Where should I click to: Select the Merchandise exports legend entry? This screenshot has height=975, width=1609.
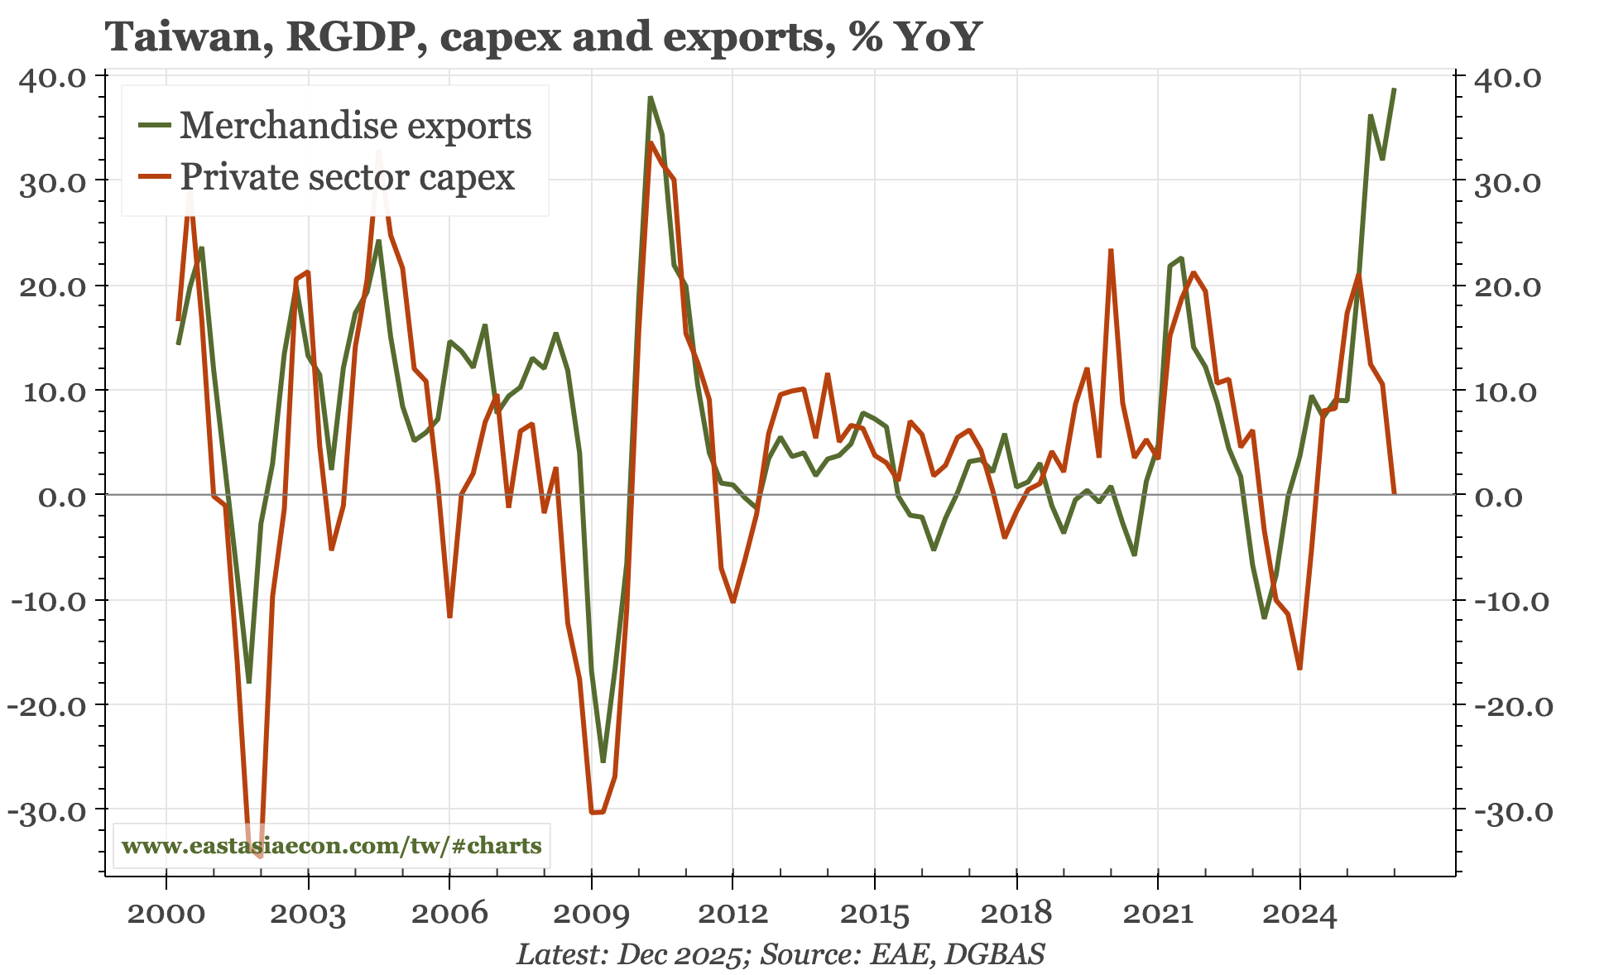[x=355, y=126]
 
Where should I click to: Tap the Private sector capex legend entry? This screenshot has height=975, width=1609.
[x=347, y=177]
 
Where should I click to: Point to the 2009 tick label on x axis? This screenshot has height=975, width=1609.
[x=591, y=914]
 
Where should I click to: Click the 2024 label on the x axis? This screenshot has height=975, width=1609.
[x=1299, y=914]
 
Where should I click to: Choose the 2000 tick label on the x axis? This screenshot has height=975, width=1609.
[x=166, y=914]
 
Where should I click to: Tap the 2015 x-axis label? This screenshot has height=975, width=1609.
[x=875, y=914]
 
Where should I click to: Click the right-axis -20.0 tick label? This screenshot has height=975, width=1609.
[x=1509, y=706]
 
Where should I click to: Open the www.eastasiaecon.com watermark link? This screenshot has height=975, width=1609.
[x=331, y=846]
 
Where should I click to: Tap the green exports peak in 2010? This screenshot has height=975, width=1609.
[x=651, y=98]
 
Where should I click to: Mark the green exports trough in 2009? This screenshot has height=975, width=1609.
[x=603, y=761]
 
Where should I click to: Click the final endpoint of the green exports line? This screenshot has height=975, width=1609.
[x=1395, y=89]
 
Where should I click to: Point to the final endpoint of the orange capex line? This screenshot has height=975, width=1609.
[x=1395, y=493]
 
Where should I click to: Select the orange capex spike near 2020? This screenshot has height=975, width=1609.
[x=1111, y=250]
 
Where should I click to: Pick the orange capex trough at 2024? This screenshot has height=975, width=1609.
[x=1299, y=668]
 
